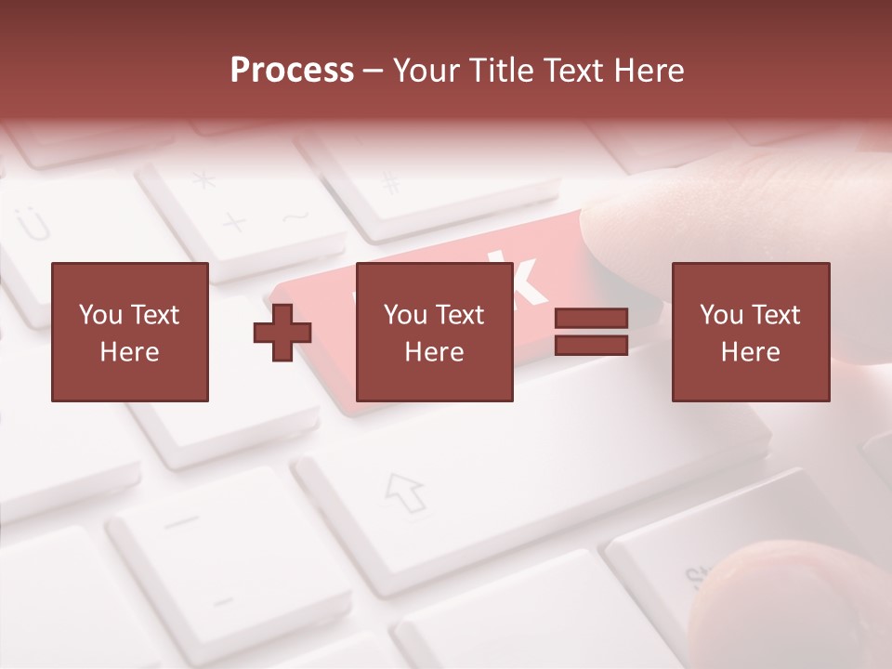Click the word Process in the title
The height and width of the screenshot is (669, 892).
pos(292,71)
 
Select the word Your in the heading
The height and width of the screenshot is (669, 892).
pos(426,71)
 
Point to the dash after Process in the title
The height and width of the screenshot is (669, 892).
pos(374,72)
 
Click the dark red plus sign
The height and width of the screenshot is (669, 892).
pos(282,333)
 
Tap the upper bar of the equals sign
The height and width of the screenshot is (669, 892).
pos(591,319)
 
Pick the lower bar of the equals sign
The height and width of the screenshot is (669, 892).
pos(591,346)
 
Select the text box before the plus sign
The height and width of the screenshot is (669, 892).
pos(130,332)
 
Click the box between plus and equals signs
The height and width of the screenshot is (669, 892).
pos(434,332)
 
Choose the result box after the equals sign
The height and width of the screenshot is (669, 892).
pos(750,332)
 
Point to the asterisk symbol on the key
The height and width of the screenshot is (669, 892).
pos(203,179)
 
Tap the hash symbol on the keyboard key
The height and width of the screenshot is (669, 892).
pos(391,182)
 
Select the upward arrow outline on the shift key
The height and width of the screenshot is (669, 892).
pos(405,492)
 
